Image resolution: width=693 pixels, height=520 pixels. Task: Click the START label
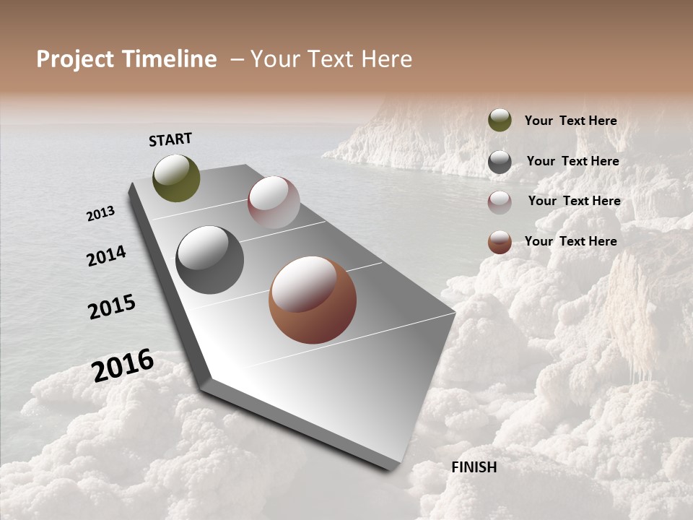[x=170, y=139]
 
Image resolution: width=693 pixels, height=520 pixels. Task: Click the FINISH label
[x=474, y=467]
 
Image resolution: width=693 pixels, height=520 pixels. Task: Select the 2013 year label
[x=101, y=214]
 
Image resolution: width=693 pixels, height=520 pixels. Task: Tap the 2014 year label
[x=107, y=256]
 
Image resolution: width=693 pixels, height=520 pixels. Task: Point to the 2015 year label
[x=112, y=307]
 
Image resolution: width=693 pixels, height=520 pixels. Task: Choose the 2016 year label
[x=123, y=365]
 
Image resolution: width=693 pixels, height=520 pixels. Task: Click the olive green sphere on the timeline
[x=176, y=178]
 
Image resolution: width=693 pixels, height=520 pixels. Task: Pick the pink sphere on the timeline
[x=274, y=202]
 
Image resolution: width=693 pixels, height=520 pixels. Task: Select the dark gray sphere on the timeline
[x=209, y=260]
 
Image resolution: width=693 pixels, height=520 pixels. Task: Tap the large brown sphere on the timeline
[x=313, y=300]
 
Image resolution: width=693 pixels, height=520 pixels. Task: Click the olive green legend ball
[x=500, y=120]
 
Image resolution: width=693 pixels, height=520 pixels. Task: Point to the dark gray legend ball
[x=500, y=162]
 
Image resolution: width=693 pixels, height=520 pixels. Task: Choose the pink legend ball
[x=500, y=202]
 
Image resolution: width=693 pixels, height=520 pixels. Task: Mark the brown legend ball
[x=500, y=243]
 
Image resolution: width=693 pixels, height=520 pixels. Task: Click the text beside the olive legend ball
[x=570, y=121]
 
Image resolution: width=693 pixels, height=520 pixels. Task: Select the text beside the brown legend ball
[x=570, y=241]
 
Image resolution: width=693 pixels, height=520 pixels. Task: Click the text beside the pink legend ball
[x=574, y=201]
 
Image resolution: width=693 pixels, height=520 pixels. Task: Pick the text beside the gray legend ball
[x=572, y=161]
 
